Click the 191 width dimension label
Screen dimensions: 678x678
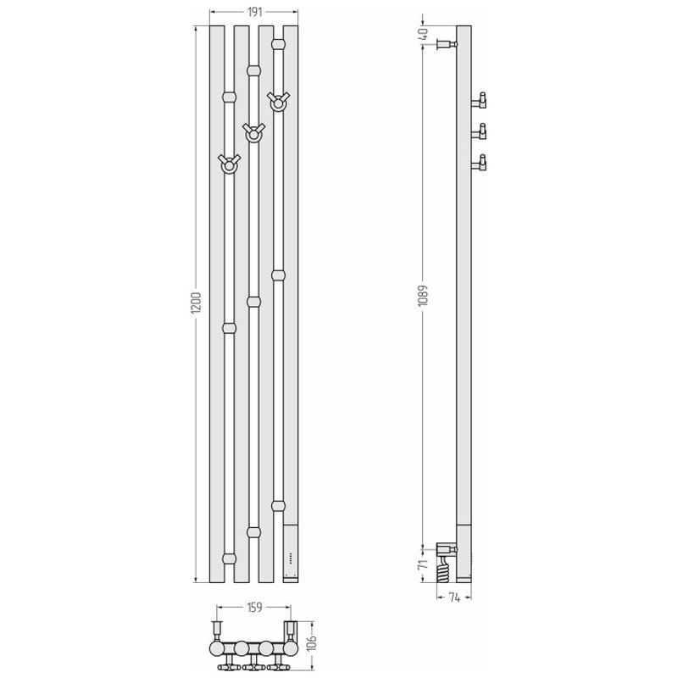(255, 12)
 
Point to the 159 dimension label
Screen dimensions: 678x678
(254, 608)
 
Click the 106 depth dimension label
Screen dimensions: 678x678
(314, 645)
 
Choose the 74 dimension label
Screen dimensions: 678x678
(454, 597)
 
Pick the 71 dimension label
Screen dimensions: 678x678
(423, 564)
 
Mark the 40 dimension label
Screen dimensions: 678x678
(423, 33)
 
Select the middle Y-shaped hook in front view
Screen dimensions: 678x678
(253, 133)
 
